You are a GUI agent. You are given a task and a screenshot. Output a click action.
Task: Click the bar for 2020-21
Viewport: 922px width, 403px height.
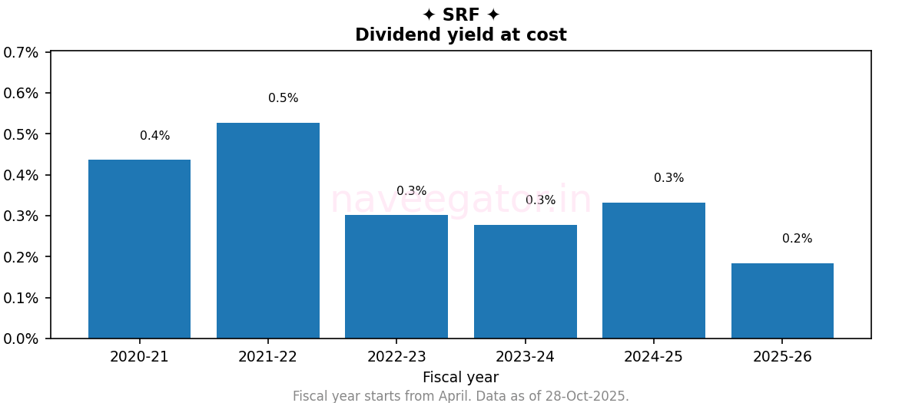pos(139,249)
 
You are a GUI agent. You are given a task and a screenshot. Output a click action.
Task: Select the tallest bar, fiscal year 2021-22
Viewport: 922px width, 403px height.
pos(268,230)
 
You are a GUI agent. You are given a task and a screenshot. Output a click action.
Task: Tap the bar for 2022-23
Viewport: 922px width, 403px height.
pos(396,276)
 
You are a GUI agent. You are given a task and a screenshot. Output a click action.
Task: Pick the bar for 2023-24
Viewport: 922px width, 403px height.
pos(526,281)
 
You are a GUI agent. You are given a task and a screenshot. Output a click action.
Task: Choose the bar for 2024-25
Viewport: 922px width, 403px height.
pos(654,270)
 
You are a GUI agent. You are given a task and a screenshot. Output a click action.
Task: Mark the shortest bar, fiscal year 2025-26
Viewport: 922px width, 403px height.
pos(782,301)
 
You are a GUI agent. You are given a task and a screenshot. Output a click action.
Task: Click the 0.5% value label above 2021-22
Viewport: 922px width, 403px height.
pos(284,98)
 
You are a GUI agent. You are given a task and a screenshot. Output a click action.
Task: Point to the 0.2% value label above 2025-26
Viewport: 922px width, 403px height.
pos(797,239)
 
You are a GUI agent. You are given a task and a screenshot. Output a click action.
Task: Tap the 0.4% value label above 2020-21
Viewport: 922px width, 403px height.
pos(154,136)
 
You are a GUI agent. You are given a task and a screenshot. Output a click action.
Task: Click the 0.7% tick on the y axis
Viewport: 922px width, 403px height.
pos(21,52)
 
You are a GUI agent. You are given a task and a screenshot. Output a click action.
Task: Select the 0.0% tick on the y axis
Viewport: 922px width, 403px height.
pos(21,339)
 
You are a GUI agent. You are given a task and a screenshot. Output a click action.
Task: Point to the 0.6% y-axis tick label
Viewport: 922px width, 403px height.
pos(21,93)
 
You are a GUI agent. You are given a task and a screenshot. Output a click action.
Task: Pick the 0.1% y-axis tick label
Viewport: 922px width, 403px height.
pos(21,298)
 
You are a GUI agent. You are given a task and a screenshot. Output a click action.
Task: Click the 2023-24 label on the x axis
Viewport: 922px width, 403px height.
pos(526,357)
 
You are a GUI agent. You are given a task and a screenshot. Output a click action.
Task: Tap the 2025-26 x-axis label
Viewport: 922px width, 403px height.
pos(782,357)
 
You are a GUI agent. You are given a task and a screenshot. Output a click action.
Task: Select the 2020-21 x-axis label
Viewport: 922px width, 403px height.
pos(139,357)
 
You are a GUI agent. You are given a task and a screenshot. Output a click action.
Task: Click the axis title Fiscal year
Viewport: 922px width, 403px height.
pos(460,378)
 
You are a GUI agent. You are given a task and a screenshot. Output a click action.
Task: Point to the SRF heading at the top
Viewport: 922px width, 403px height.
pos(461,15)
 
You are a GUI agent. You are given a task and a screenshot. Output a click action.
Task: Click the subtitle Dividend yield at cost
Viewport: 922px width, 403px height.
pos(461,35)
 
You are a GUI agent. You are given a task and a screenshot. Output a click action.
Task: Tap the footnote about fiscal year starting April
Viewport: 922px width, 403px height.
pos(461,396)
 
